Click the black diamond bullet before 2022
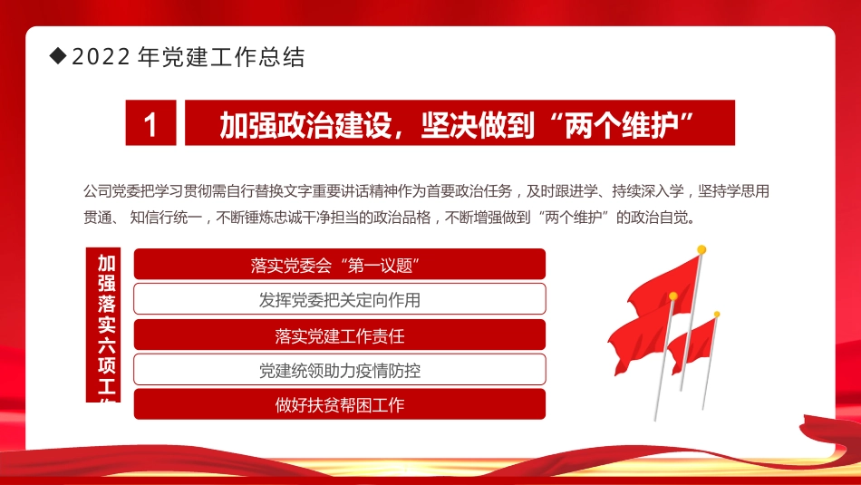[x=59, y=57]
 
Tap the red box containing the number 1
[x=150, y=123]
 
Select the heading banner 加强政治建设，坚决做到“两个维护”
[x=460, y=123]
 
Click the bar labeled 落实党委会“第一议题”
[x=340, y=264]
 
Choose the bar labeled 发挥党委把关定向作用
[x=340, y=299]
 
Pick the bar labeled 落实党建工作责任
[x=340, y=335]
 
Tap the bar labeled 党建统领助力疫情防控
[x=340, y=370]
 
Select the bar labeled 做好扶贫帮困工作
[x=340, y=404]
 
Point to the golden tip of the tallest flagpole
[x=701, y=249]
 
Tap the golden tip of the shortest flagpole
[x=717, y=315]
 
